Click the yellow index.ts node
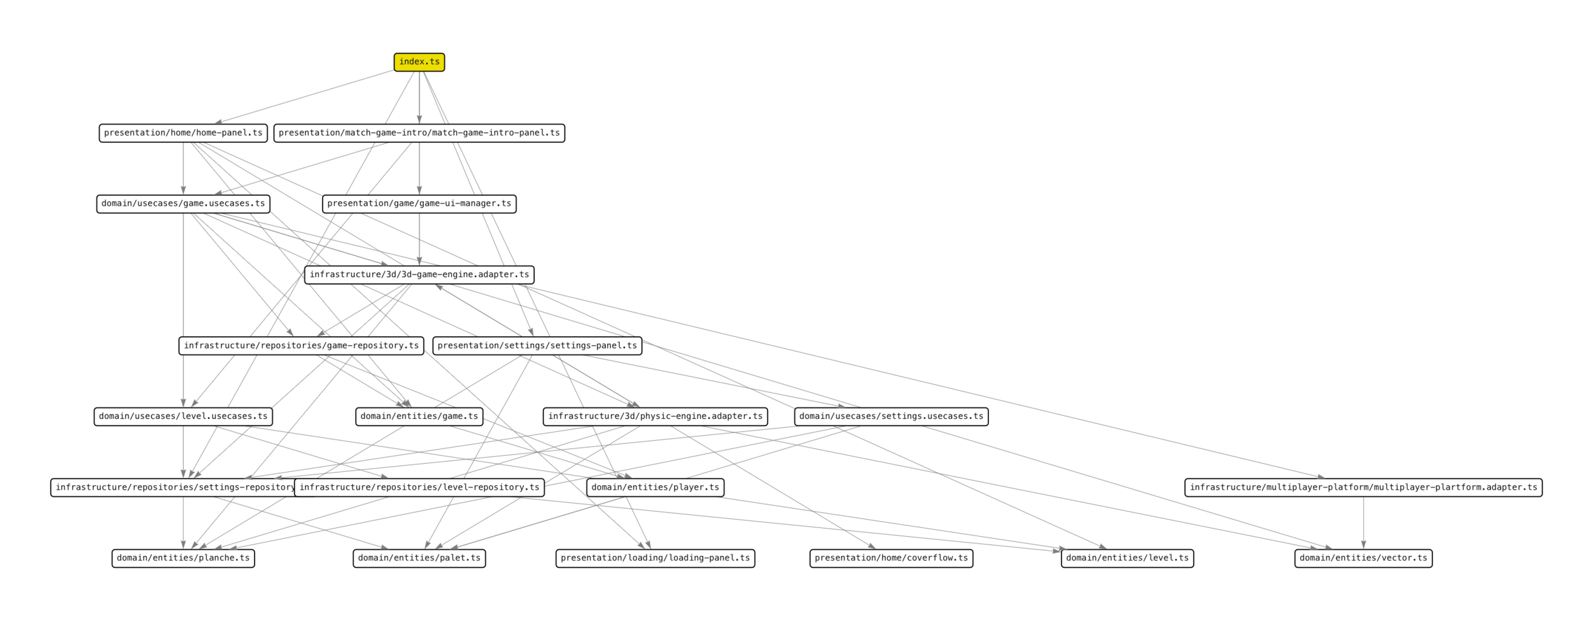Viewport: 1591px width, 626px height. pyautogui.click(x=419, y=62)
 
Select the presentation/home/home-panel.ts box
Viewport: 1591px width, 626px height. pyautogui.click(x=183, y=133)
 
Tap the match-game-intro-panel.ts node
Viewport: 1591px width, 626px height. pyautogui.click(x=419, y=133)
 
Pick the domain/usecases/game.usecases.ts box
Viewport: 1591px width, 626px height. pyautogui.click(x=183, y=204)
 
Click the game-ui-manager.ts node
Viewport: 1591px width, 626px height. pyautogui.click(x=419, y=204)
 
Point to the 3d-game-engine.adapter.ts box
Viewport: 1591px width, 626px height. pyautogui.click(x=419, y=274)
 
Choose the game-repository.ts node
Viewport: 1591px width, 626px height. pyautogui.click(x=301, y=346)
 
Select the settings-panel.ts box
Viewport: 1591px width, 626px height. pyautogui.click(x=537, y=346)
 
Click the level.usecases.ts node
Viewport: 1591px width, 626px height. pyautogui.click(x=183, y=416)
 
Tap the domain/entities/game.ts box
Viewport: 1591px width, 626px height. pyautogui.click(x=419, y=416)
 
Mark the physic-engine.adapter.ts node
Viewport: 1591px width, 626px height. pyautogui.click(x=655, y=416)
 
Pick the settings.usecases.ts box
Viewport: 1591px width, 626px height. pyautogui.click(x=891, y=416)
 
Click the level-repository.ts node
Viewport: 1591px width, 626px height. pyautogui.click(x=419, y=488)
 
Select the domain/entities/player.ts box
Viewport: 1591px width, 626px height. pyautogui.click(x=655, y=488)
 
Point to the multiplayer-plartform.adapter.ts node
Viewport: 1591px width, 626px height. pyautogui.click(x=1363, y=488)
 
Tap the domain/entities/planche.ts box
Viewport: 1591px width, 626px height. pyautogui.click(x=183, y=558)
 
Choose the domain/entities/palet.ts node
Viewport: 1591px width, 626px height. pyautogui.click(x=419, y=558)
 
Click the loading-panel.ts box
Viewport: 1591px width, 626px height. pyautogui.click(x=655, y=558)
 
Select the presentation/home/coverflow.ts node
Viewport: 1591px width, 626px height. pyautogui.click(x=891, y=558)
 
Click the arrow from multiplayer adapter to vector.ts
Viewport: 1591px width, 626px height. pyautogui.click(x=1363, y=522)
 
